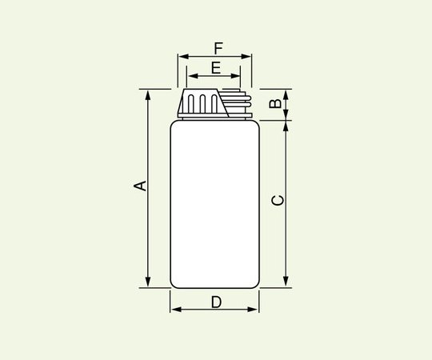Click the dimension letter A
140,186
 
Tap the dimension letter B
274,104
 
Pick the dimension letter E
215,68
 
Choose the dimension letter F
218,47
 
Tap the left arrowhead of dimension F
182,57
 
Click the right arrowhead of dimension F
248,57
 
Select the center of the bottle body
214,204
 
